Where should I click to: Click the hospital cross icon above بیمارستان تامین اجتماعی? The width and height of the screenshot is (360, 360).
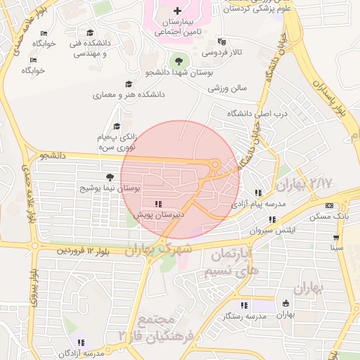[177, 11]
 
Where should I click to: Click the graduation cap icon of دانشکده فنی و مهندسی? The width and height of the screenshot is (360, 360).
[90, 33]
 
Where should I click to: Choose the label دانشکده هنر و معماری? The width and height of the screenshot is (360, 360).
[129, 94]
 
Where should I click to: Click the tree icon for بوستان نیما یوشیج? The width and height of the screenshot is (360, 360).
[109, 177]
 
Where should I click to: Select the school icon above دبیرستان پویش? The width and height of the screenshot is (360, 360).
[157, 203]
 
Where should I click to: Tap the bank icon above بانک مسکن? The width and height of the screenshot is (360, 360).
[330, 205]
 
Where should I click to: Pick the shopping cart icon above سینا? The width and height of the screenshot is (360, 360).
[337, 236]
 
